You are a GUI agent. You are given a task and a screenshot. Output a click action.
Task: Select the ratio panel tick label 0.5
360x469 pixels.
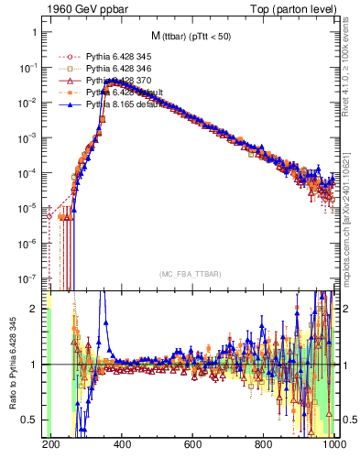click(31, 420)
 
